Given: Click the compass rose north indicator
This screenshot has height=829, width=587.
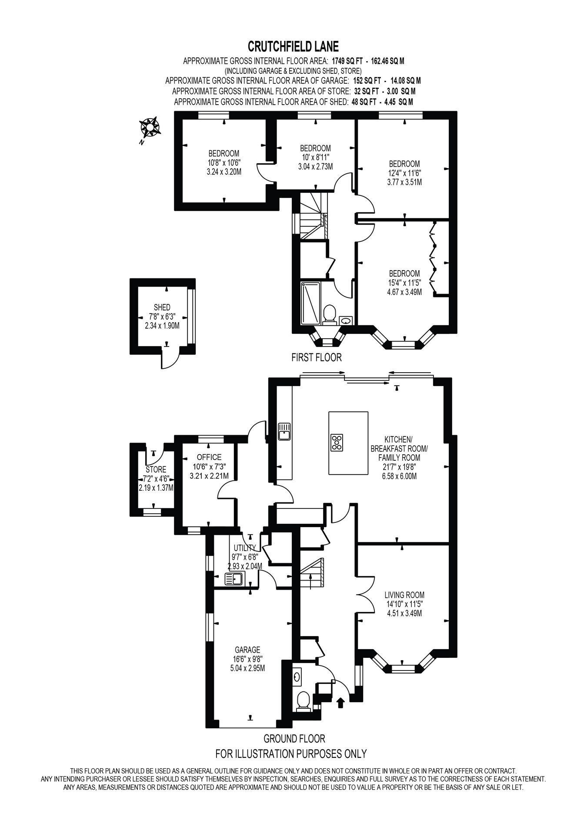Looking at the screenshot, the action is tap(149, 128).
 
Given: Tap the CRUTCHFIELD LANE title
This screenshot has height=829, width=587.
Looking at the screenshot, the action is tap(293, 46).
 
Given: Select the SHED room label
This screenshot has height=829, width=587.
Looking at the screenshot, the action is tap(162, 307).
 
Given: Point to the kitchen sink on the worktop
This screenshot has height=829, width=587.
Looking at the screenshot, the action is tap(285, 431).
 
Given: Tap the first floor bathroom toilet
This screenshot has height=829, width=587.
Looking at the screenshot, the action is tap(329, 314).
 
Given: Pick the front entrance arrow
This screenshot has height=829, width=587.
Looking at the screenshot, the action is tap(340, 702).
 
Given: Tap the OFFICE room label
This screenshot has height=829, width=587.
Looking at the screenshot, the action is tap(209, 457).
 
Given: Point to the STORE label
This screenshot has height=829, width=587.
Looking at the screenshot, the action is tap(156, 469).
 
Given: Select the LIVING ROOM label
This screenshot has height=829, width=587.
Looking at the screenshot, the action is tap(404, 595).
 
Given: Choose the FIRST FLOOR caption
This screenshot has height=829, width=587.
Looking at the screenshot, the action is tap(317, 357).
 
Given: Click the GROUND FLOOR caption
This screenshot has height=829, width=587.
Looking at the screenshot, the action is tap(294, 738).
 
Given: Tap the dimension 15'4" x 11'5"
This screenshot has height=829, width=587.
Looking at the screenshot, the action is tap(404, 283).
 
